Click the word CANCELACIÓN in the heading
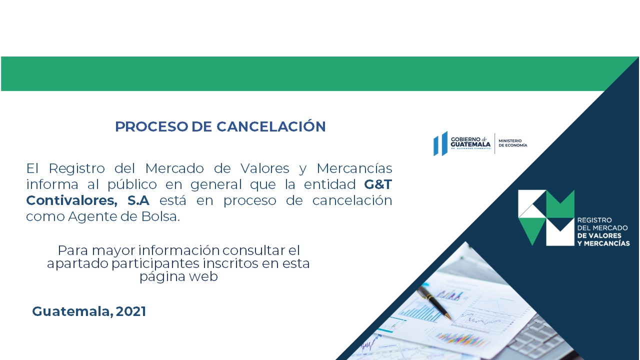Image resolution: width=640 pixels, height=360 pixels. coord(271,126)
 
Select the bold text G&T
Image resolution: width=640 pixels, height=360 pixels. coord(377,184)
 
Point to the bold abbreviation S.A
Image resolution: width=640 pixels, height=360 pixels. coord(138,200)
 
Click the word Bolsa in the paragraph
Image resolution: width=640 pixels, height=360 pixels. coord(160,216)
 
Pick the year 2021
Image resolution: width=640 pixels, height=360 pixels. coord(131,311)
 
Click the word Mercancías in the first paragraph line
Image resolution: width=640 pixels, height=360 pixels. coord(354,168)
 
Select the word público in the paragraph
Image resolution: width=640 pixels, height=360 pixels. coord(132,184)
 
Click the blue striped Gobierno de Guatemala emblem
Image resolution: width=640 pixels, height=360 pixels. coord(440,143)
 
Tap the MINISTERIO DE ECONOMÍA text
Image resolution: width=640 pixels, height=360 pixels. coord(513,143)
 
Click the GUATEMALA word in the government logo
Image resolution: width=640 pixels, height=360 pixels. coord(470,144)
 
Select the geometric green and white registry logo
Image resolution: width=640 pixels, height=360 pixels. coord(546,217)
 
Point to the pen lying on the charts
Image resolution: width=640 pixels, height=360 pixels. coord(434,302)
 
